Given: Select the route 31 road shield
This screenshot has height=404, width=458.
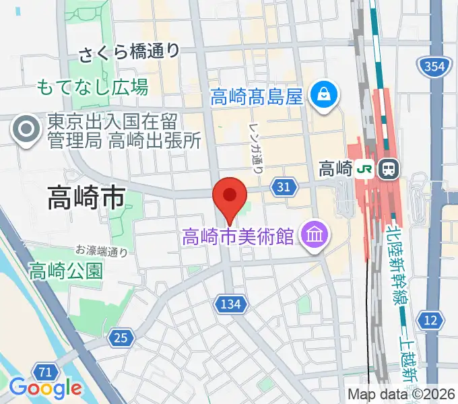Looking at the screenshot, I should [x=284, y=187].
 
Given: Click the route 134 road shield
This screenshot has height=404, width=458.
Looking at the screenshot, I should [x=230, y=305].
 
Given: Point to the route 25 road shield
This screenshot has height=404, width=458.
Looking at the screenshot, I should [x=121, y=337].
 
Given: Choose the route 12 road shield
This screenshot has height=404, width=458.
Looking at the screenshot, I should [x=431, y=320].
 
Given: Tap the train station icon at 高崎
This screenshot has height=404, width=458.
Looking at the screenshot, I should [x=388, y=168].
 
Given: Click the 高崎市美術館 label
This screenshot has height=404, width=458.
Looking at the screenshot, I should [x=238, y=236].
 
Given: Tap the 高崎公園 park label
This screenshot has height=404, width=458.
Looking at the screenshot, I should [x=65, y=271].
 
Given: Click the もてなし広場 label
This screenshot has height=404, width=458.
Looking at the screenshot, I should [x=92, y=87].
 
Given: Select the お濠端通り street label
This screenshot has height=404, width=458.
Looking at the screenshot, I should [x=101, y=251].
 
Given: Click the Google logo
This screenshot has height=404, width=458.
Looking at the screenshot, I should [x=45, y=388].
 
